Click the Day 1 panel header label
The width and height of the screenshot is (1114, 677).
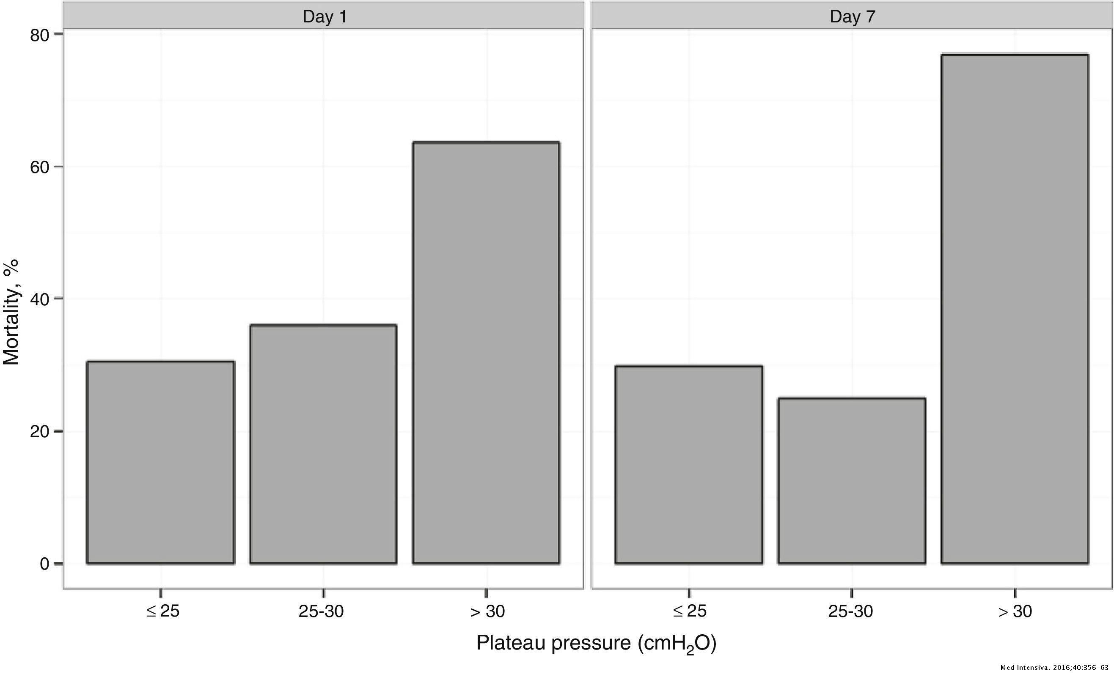(x=324, y=17)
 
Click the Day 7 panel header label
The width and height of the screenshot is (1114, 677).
(x=852, y=17)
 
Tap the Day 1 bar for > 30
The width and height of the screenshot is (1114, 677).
(x=486, y=353)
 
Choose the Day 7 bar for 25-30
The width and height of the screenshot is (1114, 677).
(x=852, y=481)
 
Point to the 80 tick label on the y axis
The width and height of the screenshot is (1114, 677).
(x=39, y=35)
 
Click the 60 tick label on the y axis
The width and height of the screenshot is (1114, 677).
(x=39, y=167)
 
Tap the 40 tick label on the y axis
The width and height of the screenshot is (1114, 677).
(x=39, y=299)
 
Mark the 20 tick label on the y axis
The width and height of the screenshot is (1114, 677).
(x=39, y=432)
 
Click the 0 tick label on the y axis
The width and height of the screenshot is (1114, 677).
(x=44, y=564)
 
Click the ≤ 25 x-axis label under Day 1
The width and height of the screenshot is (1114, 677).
(x=162, y=611)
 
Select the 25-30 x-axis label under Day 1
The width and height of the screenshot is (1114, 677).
(x=321, y=611)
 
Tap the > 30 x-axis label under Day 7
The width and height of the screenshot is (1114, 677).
(x=1015, y=611)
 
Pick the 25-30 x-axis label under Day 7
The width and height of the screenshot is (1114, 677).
(x=850, y=611)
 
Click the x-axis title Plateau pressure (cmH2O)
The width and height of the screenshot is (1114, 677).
(x=596, y=643)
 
